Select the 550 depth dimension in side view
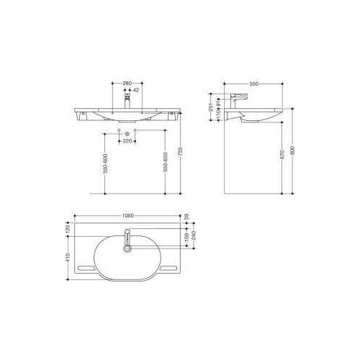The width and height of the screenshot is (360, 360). click(x=254, y=84)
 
